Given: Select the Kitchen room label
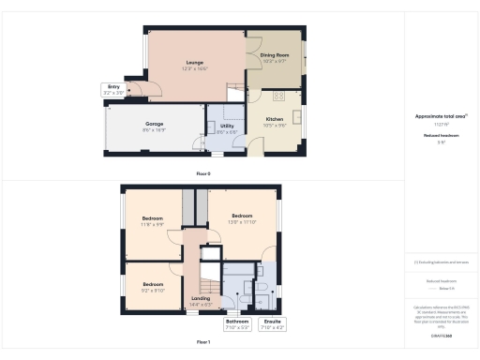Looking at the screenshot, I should [274, 119].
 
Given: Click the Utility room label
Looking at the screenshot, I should [227, 129].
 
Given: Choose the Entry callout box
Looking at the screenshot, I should [114, 90].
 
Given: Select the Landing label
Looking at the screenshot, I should [202, 300].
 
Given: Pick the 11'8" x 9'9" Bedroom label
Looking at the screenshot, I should [152, 221].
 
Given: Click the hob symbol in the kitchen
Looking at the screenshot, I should [278, 96].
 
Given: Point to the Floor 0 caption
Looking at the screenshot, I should [203, 173].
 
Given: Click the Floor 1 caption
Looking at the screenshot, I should [203, 342].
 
